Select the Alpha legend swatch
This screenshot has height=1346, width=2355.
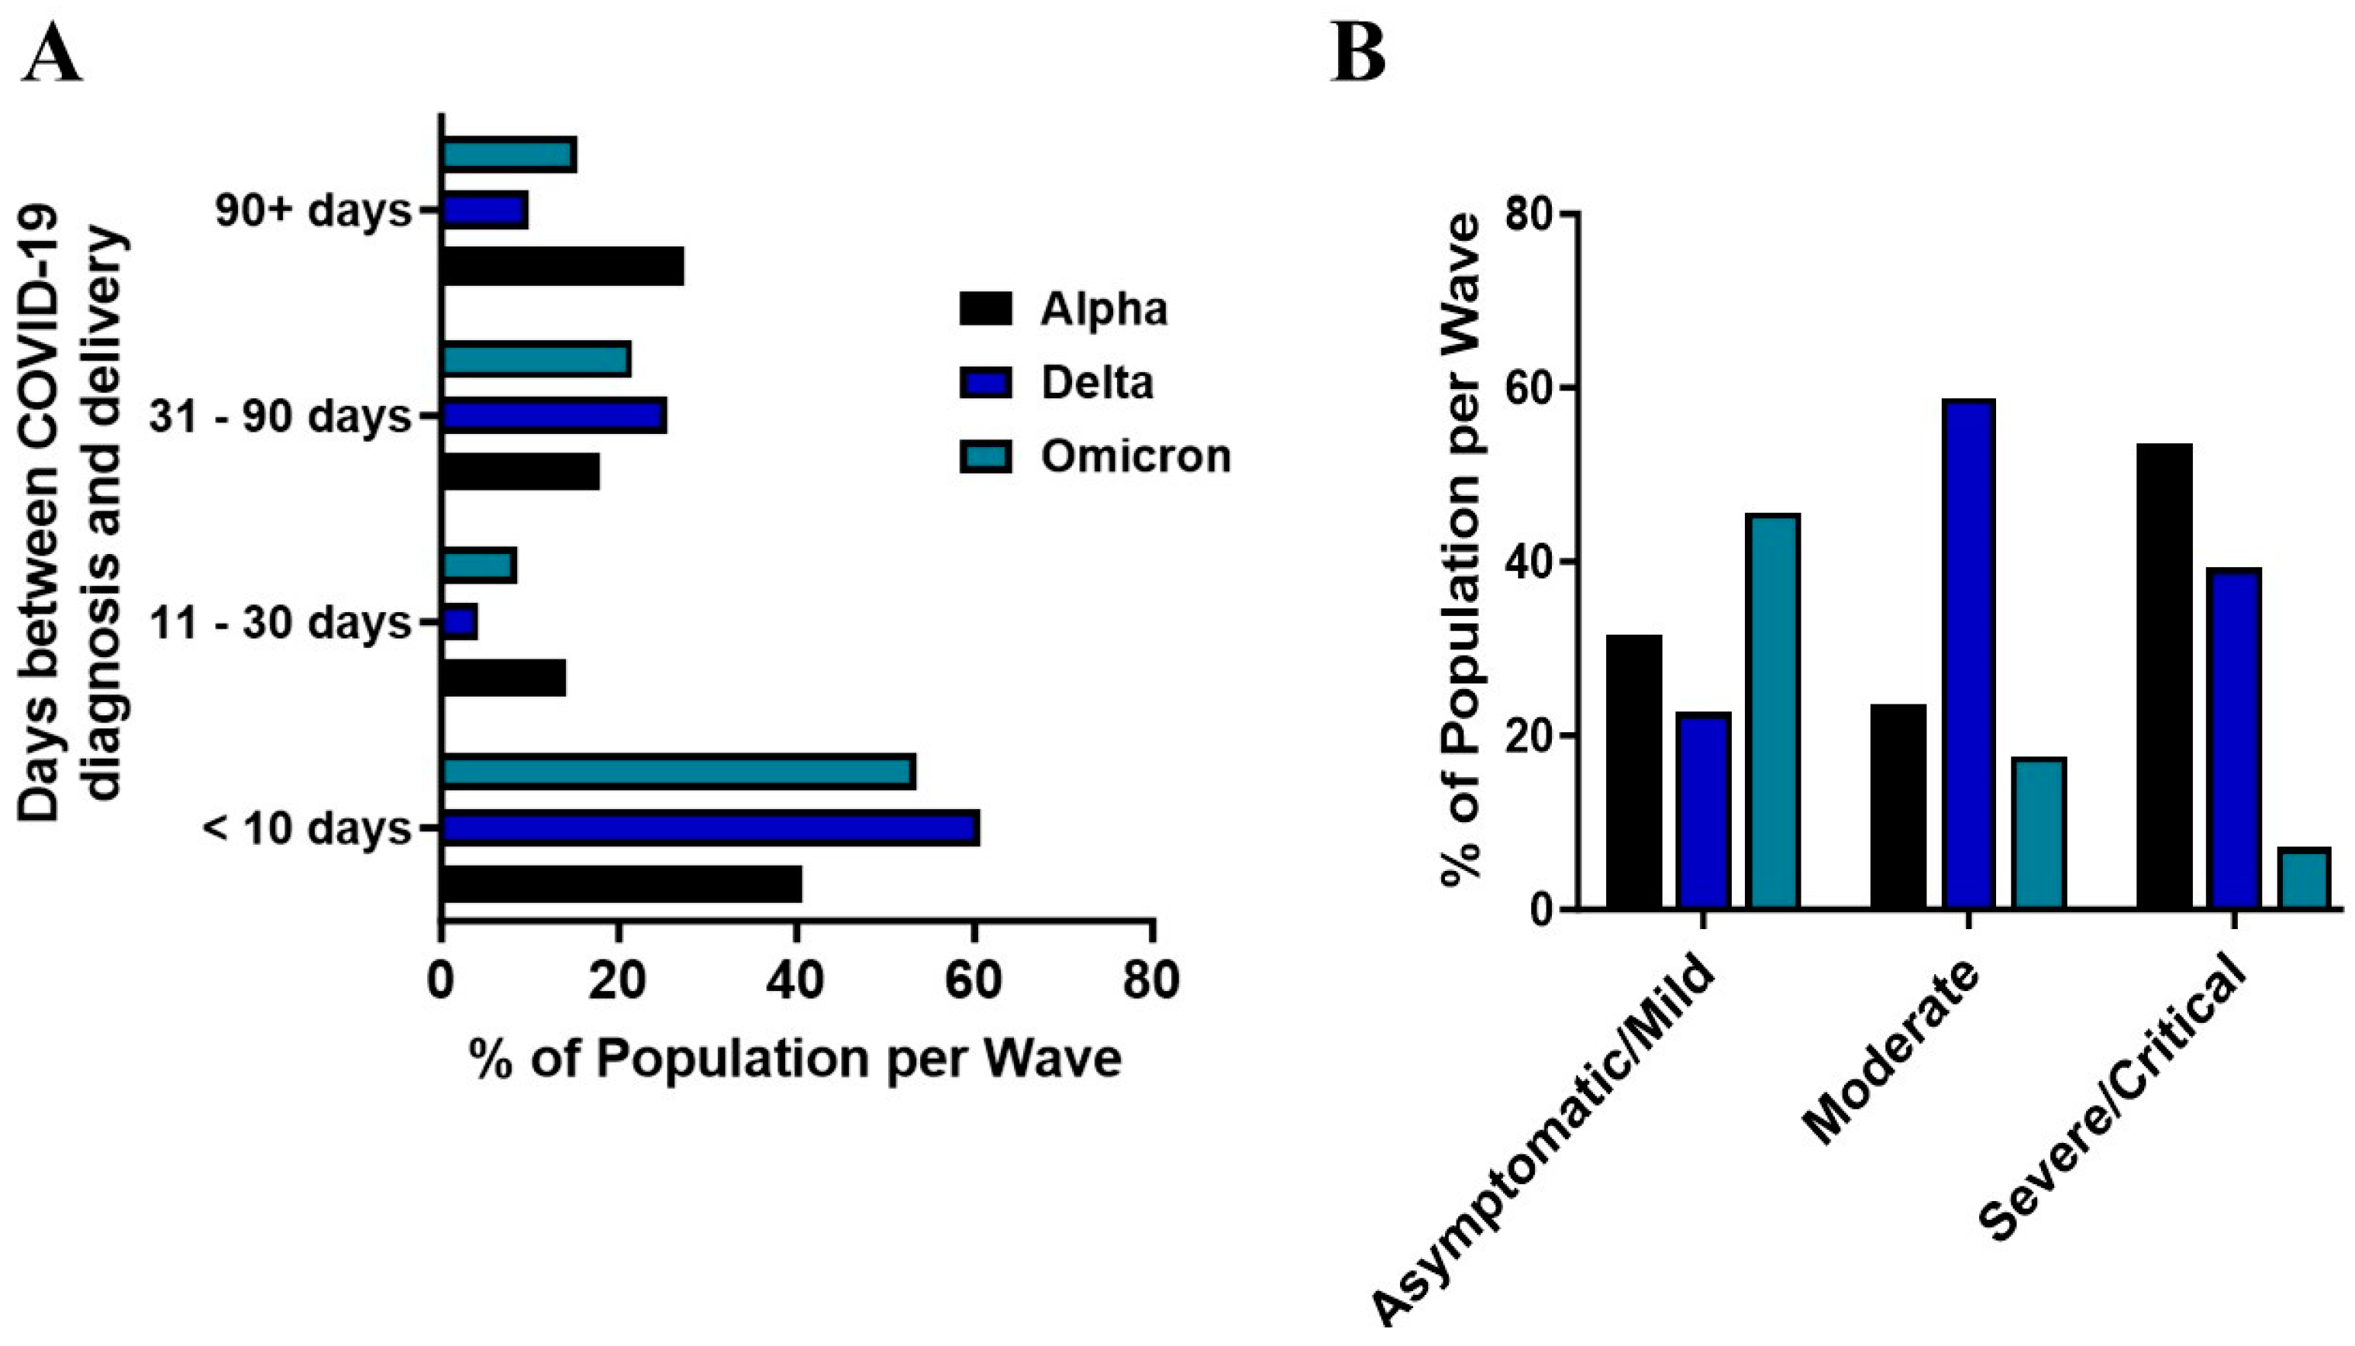(x=985, y=308)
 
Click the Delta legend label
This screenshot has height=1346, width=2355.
(x=1097, y=383)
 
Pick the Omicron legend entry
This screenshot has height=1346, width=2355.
(x=1095, y=456)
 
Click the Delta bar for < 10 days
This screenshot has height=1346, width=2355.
(x=710, y=828)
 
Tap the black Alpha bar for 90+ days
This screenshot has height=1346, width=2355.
(x=562, y=267)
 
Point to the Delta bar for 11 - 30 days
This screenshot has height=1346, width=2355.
(x=460, y=622)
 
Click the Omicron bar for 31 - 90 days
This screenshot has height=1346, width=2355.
(x=536, y=359)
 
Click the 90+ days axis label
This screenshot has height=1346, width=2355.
(x=312, y=211)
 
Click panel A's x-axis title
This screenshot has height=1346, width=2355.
(x=795, y=1058)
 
